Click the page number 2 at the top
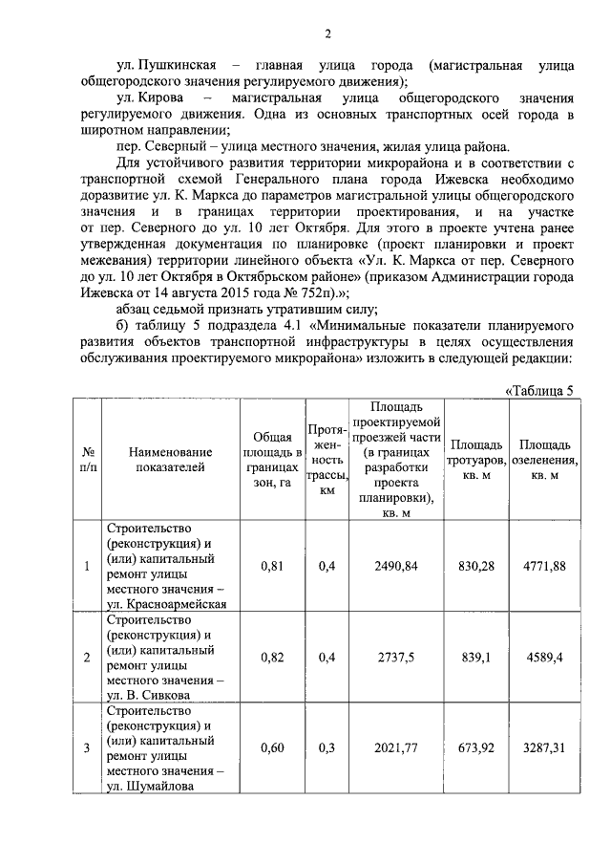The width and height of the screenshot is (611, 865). coord(327,35)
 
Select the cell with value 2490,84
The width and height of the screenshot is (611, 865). coord(396,566)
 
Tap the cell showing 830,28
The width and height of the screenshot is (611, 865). coord(476,566)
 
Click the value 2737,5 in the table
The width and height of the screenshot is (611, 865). coord(396,658)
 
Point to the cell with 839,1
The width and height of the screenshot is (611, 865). coord(476,658)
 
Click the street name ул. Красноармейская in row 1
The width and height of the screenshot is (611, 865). coord(166,604)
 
